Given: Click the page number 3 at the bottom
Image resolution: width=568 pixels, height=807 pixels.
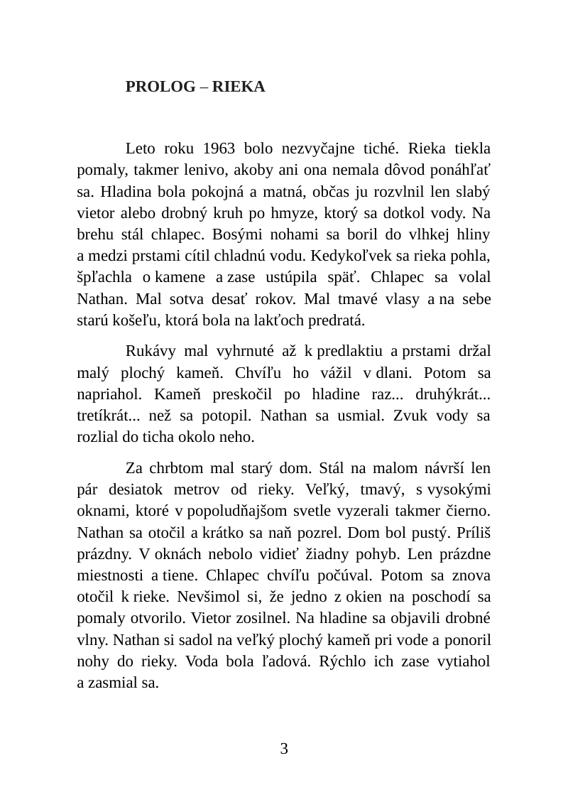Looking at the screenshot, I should [x=284, y=748].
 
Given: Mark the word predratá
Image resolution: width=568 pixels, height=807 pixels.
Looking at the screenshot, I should [x=334, y=320].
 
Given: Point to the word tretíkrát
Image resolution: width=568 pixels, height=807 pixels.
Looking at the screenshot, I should [x=108, y=415].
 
